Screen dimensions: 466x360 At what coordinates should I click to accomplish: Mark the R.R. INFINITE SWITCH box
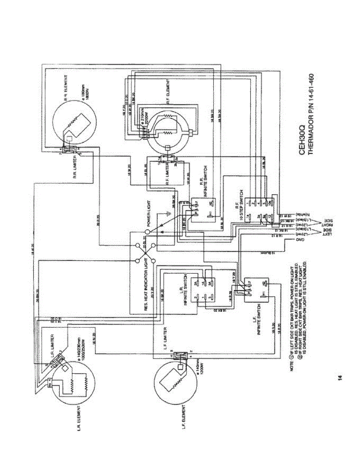[203, 210]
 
